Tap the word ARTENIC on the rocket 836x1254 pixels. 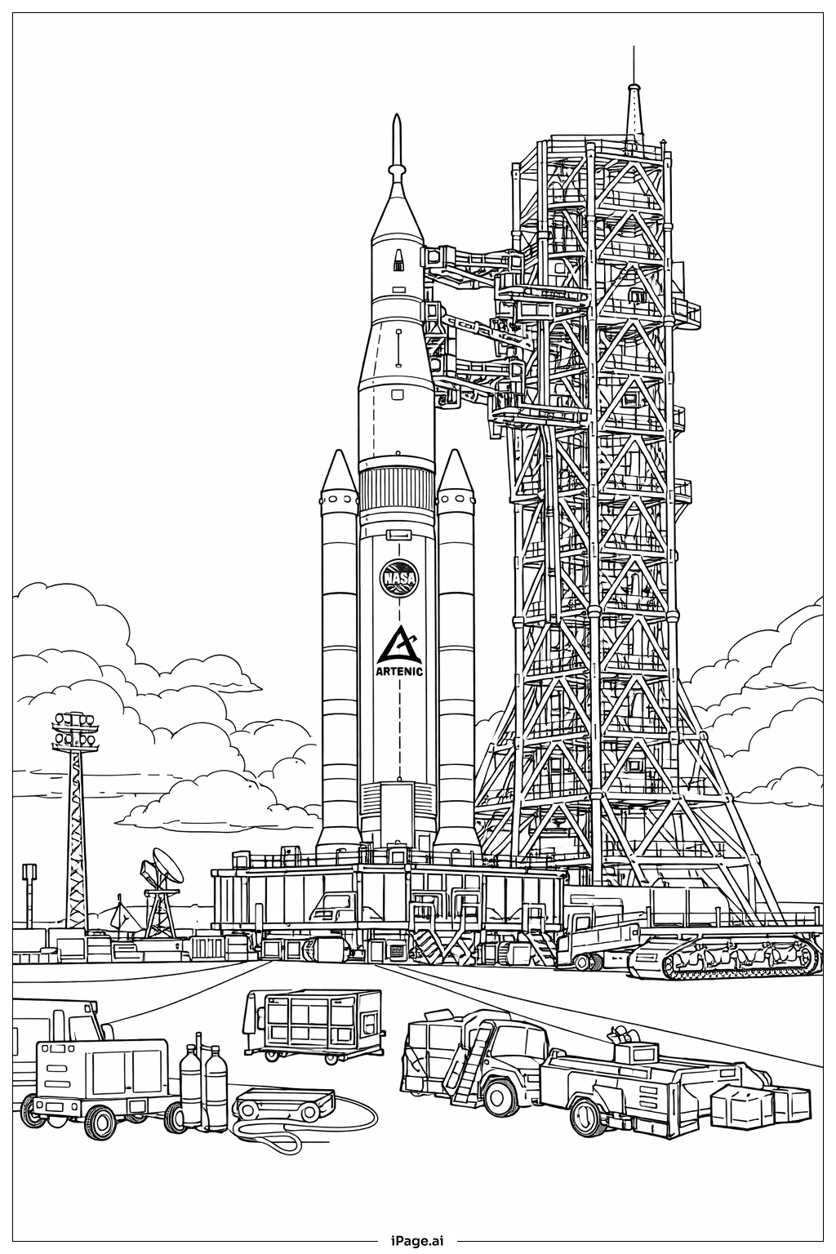pyautogui.click(x=399, y=672)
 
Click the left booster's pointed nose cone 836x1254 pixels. pyautogui.click(x=339, y=474)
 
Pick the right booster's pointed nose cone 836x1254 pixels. pyautogui.click(x=455, y=474)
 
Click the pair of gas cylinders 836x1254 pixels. pyautogui.click(x=203, y=1089)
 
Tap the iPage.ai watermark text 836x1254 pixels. pyautogui.click(x=417, y=1239)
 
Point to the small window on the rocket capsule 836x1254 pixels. pyautogui.click(x=398, y=260)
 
